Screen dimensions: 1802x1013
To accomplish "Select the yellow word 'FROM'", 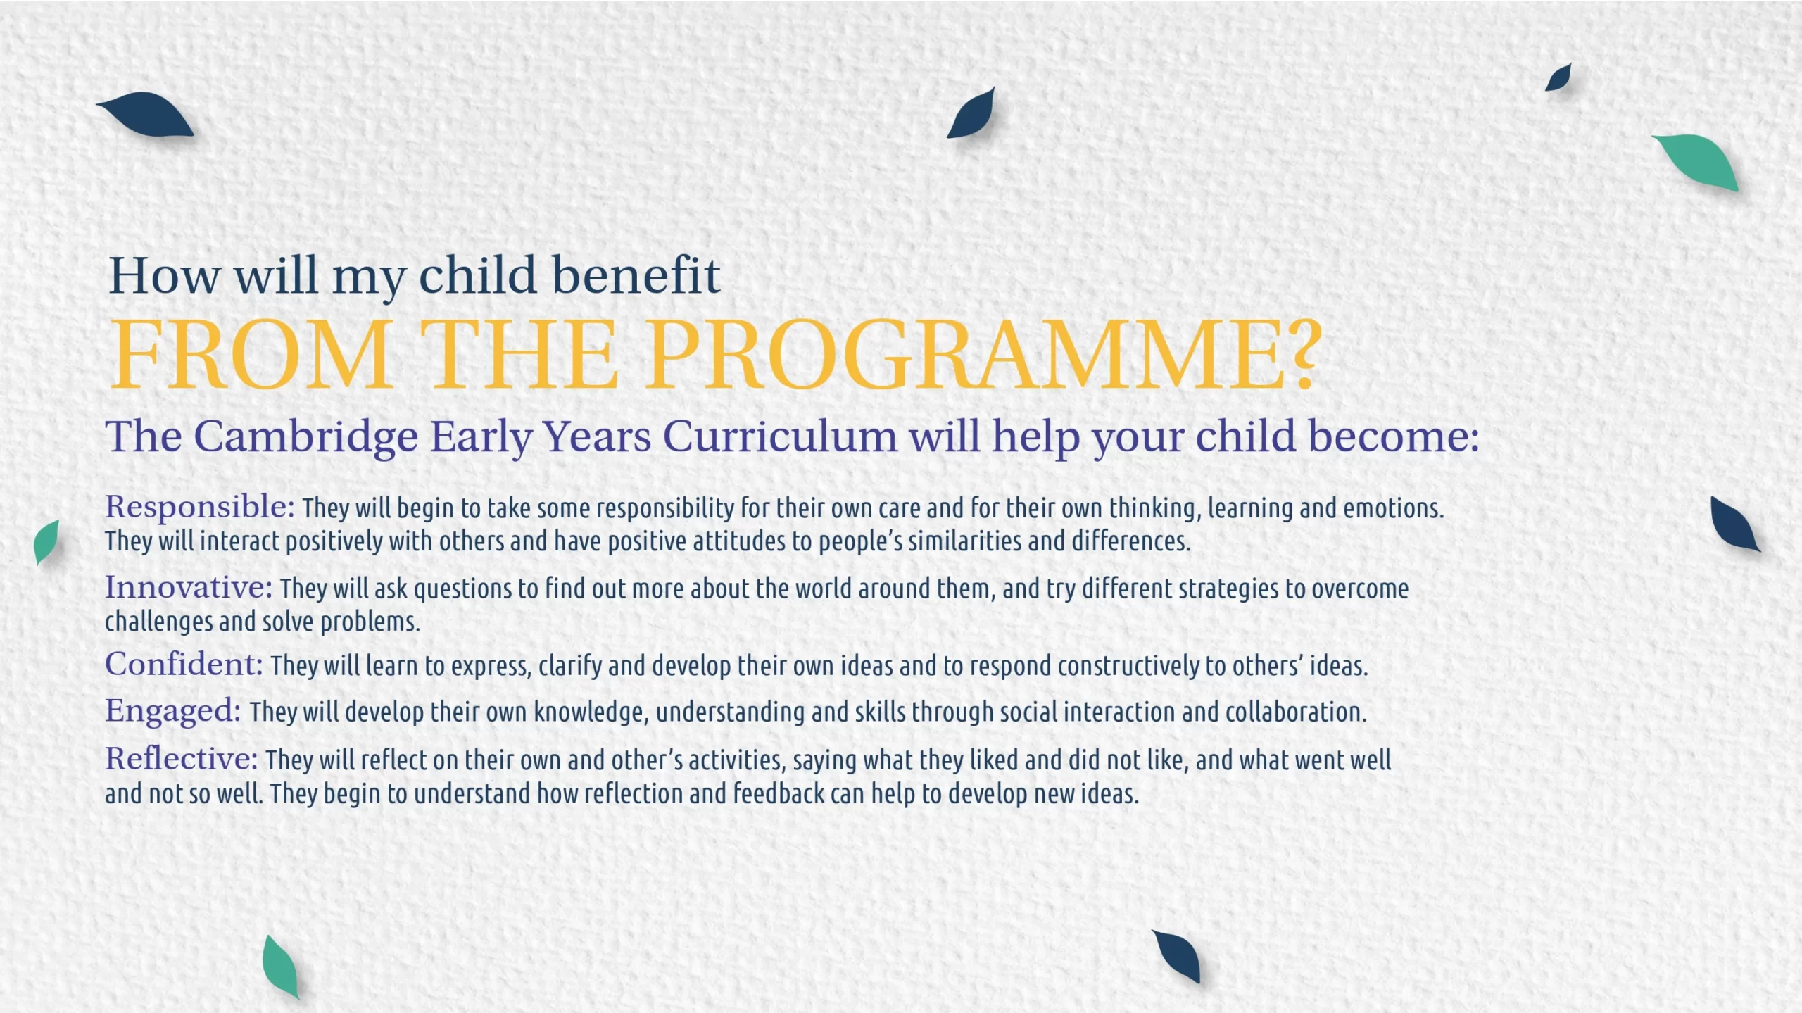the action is click(x=252, y=354).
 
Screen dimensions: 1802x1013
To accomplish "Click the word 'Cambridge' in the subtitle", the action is click(x=305, y=436).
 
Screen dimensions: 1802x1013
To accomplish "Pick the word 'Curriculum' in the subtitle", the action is click(x=780, y=436).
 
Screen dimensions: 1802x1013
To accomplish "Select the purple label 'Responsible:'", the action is click(x=200, y=507).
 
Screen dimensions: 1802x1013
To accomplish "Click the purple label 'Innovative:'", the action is click(x=189, y=587).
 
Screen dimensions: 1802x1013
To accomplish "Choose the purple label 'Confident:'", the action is click(x=184, y=664).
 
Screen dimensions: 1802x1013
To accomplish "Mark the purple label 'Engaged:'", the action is click(x=173, y=711).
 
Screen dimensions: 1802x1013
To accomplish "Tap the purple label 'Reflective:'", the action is click(x=182, y=759).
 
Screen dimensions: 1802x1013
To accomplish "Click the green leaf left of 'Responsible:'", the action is click(x=46, y=541).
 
